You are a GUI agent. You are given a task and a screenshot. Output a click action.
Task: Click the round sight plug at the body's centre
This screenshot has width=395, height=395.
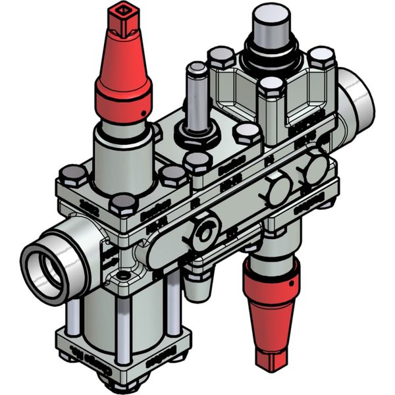pos(206,232)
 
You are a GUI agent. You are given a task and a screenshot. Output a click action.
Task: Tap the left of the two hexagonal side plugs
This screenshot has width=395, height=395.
pos(278,190)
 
